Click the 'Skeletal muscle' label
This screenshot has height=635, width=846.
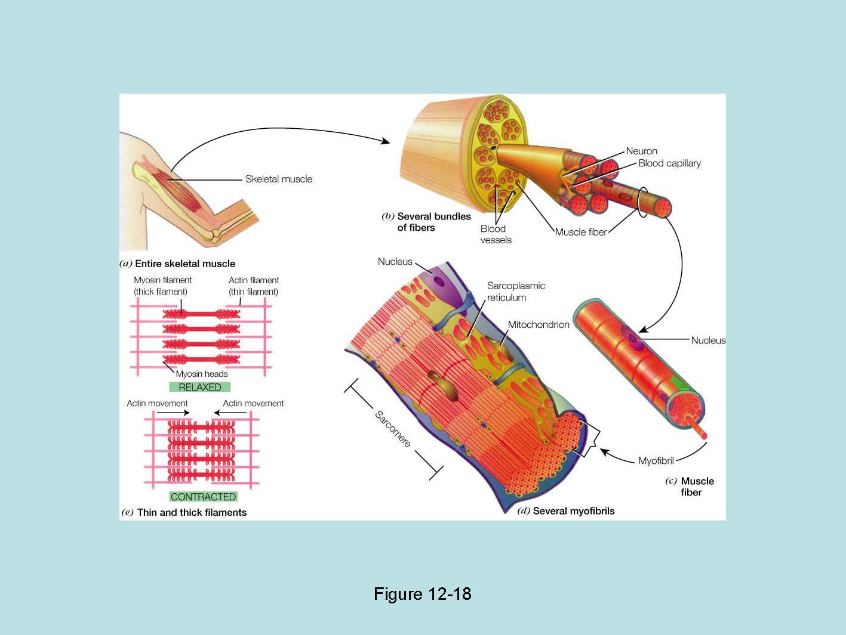[x=279, y=179]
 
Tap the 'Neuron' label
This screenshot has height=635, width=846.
[x=641, y=151]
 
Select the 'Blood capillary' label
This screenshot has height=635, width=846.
[x=669, y=163]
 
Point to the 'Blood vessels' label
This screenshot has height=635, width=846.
[x=496, y=234]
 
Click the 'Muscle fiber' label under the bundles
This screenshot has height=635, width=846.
[x=580, y=232]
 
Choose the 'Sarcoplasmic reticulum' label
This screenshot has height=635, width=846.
[x=516, y=292]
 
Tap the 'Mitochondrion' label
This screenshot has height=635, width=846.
[x=539, y=325]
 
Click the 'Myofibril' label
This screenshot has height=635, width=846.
[x=656, y=461]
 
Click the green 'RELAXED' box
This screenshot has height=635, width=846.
[x=200, y=387]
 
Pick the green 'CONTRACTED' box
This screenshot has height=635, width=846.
[x=203, y=497]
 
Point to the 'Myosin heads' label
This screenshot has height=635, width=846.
[x=202, y=374]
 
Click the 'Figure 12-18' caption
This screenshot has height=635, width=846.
[x=422, y=594]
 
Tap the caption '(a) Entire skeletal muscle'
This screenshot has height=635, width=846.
[x=178, y=264]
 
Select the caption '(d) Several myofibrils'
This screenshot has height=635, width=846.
[x=565, y=511]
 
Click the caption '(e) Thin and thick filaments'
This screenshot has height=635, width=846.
[x=184, y=512]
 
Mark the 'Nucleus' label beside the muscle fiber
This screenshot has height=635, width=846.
[x=708, y=340]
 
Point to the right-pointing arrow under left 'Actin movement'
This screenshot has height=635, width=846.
[x=173, y=413]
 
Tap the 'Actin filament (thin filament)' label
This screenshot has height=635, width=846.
[x=254, y=286]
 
